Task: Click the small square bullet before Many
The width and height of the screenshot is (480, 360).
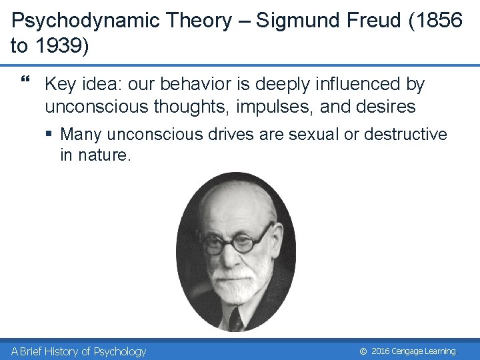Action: (50, 135)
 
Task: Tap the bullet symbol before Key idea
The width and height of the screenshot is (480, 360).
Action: (26, 82)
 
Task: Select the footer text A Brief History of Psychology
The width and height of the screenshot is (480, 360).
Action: (79, 351)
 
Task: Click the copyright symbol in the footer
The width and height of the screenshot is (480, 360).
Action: (363, 351)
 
